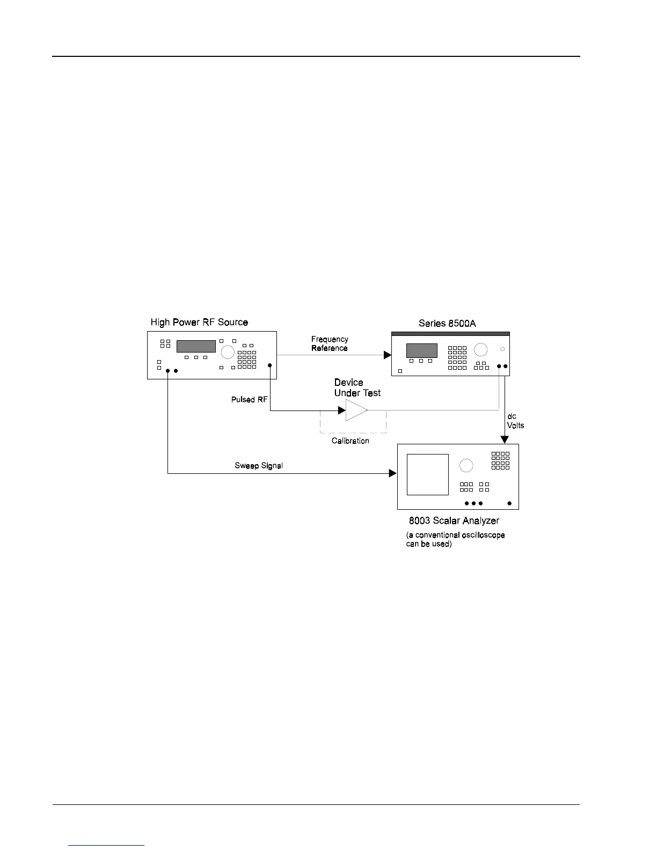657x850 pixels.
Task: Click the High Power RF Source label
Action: pyautogui.click(x=199, y=323)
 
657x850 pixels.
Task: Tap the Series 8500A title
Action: pyautogui.click(x=447, y=324)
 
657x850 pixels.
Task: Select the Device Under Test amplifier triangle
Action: pyautogui.click(x=355, y=411)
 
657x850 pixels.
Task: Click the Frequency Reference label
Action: pyautogui.click(x=330, y=344)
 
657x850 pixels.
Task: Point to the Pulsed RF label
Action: pyautogui.click(x=249, y=400)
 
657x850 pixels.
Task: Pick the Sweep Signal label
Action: pyautogui.click(x=259, y=466)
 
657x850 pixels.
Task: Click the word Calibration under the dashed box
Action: pyautogui.click(x=351, y=441)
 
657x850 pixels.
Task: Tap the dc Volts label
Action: pyautogui.click(x=515, y=421)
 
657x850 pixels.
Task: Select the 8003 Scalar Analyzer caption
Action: pyautogui.click(x=454, y=521)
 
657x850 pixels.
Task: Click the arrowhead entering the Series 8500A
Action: pyautogui.click(x=387, y=355)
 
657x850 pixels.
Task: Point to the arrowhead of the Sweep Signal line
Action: pyautogui.click(x=392, y=473)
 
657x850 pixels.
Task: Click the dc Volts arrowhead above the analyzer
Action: pyautogui.click(x=505, y=439)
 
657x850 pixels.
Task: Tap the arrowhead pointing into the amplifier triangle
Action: pyautogui.click(x=341, y=411)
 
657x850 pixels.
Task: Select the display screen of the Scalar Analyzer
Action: pyautogui.click(x=427, y=474)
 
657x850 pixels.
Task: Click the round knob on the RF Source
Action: pyautogui.click(x=228, y=352)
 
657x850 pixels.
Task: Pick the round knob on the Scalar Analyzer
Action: pyautogui.click(x=466, y=465)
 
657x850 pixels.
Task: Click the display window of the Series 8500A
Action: pyautogui.click(x=421, y=350)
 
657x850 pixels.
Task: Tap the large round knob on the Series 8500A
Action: pyautogui.click(x=480, y=350)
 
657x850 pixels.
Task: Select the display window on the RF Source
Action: pyautogui.click(x=196, y=346)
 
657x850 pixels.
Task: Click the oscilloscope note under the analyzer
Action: pyautogui.click(x=455, y=539)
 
